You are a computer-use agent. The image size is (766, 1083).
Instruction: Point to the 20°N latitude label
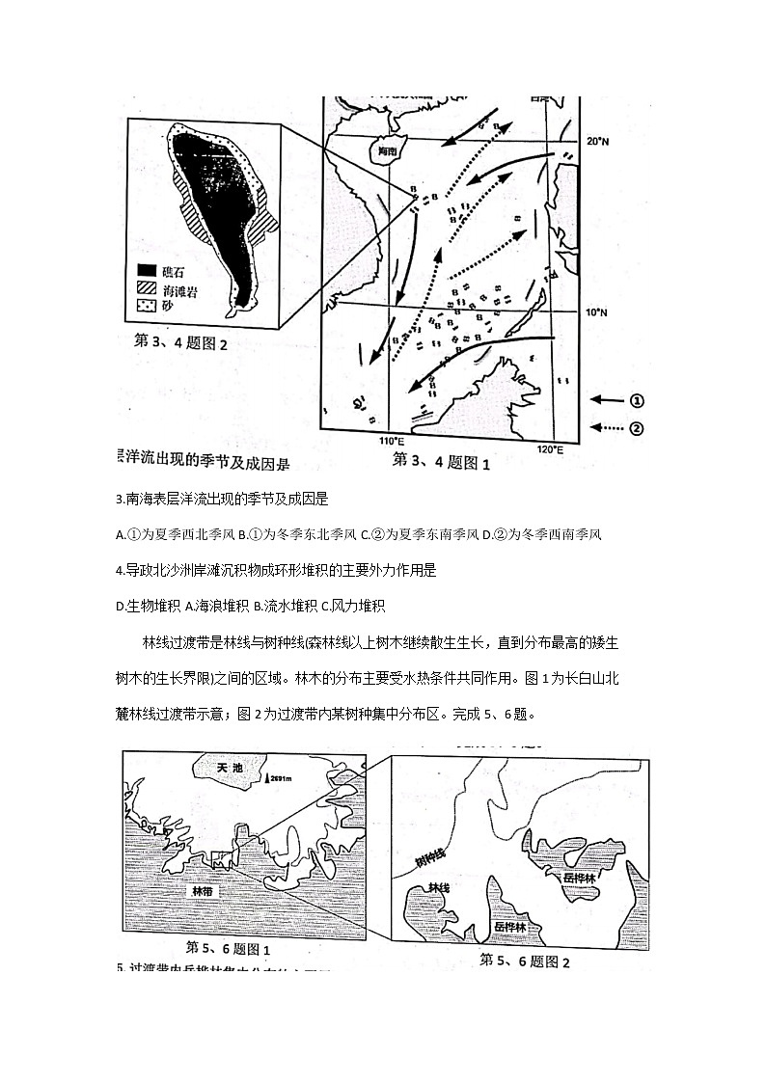(x=600, y=141)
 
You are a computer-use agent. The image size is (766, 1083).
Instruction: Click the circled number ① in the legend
(x=638, y=400)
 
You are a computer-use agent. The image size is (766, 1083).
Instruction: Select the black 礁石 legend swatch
(x=147, y=271)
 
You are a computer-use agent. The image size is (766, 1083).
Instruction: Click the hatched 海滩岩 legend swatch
(x=147, y=288)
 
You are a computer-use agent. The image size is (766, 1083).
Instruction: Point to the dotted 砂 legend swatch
(x=147, y=306)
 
